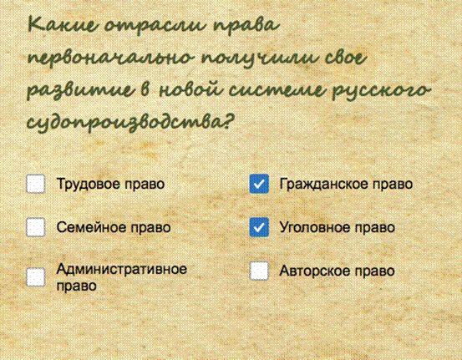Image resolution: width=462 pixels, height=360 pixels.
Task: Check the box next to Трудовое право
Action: coord(36,184)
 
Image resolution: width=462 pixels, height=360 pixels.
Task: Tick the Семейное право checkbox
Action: coord(36,227)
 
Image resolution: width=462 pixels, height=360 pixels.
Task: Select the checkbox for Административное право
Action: coord(36,277)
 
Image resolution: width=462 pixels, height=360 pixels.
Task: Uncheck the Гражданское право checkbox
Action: coord(259,184)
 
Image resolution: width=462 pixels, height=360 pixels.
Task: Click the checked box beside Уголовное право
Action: coord(259,227)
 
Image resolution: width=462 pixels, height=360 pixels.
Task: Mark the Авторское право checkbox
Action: coord(259,271)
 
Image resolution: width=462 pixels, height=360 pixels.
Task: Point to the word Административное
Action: coord(121,269)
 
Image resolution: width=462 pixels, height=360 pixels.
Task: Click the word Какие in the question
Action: coord(62,24)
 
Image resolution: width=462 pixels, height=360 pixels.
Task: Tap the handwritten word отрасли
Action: coord(155,27)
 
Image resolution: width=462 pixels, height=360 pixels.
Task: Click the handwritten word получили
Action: coord(260,58)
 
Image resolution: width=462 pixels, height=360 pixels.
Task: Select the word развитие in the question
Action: coord(79,90)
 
